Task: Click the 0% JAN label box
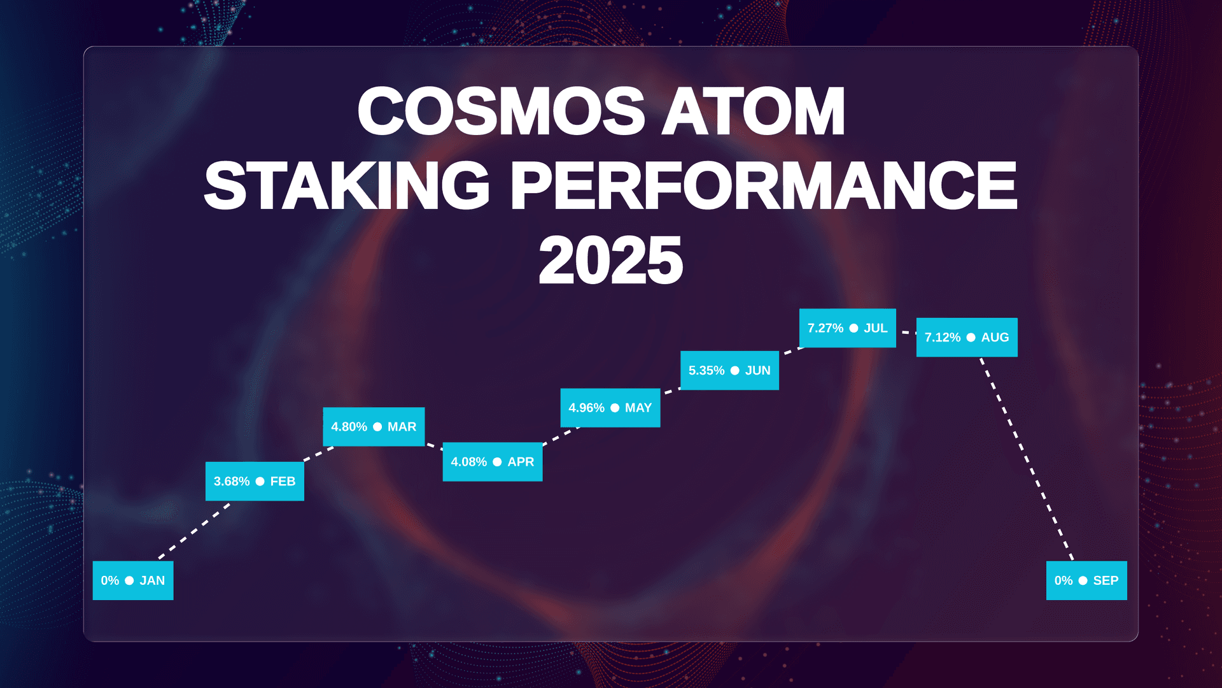tap(133, 580)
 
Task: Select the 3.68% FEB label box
tap(255, 481)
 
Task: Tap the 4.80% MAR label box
tap(374, 427)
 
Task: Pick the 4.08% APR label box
tap(493, 462)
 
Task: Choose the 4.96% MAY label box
tap(610, 408)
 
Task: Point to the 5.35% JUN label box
tap(729, 370)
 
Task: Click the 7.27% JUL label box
tap(848, 328)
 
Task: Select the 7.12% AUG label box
tap(967, 338)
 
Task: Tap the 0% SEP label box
tap(1086, 580)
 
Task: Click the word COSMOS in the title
tap(502, 111)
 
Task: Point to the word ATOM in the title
tap(754, 111)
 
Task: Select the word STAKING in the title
tap(347, 185)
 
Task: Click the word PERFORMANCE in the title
tap(764, 185)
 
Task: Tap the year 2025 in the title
tap(610, 260)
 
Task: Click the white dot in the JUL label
tap(853, 328)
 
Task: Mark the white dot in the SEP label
tap(1083, 580)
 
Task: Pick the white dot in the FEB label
tap(260, 481)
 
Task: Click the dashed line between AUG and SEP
tap(1027, 459)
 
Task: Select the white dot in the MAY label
tap(615, 408)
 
